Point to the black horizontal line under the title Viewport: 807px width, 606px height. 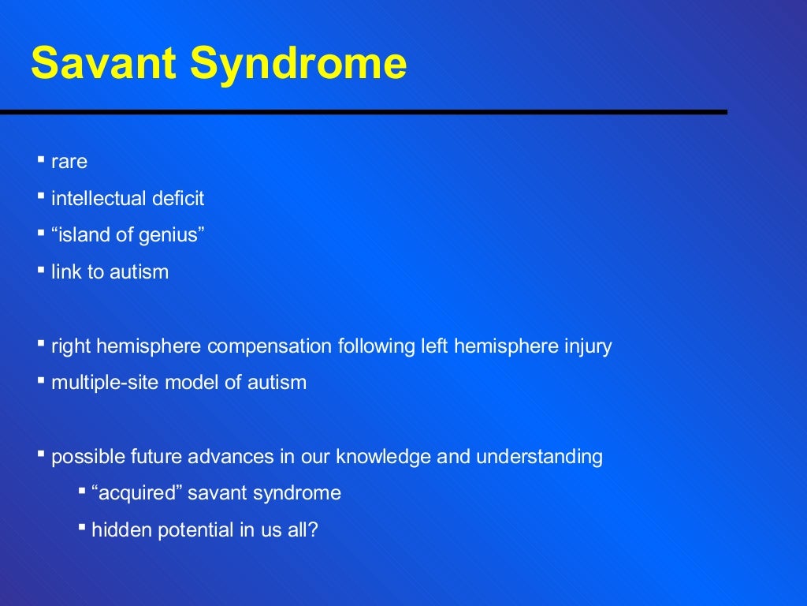pyautogui.click(x=363, y=112)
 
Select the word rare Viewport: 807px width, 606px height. pyautogui.click(x=69, y=163)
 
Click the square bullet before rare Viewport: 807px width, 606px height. pyautogui.click(x=41, y=159)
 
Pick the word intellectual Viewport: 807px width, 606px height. pyautogui.click(x=96, y=199)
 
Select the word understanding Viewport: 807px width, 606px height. pyautogui.click(x=545, y=457)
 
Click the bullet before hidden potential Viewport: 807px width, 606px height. pyautogui.click(x=82, y=526)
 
